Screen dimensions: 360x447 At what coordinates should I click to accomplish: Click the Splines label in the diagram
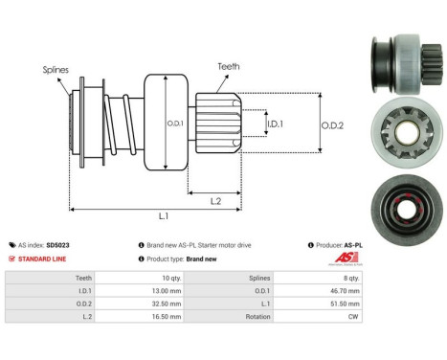click(56, 70)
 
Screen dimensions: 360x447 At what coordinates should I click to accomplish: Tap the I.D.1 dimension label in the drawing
click(275, 124)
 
